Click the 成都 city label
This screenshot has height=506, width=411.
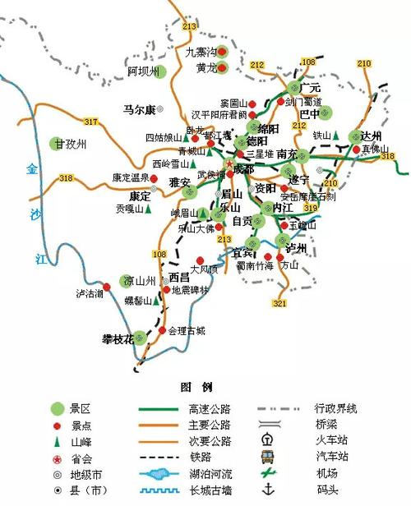tap(244, 168)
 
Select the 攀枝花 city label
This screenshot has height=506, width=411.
tap(117, 338)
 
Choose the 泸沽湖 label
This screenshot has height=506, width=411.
tap(90, 293)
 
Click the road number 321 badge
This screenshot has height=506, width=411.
tap(279, 304)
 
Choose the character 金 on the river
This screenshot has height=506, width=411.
tap(32, 169)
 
